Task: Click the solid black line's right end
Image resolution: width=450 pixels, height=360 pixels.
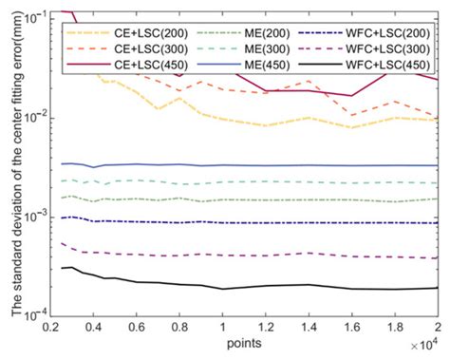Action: coord(438,288)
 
